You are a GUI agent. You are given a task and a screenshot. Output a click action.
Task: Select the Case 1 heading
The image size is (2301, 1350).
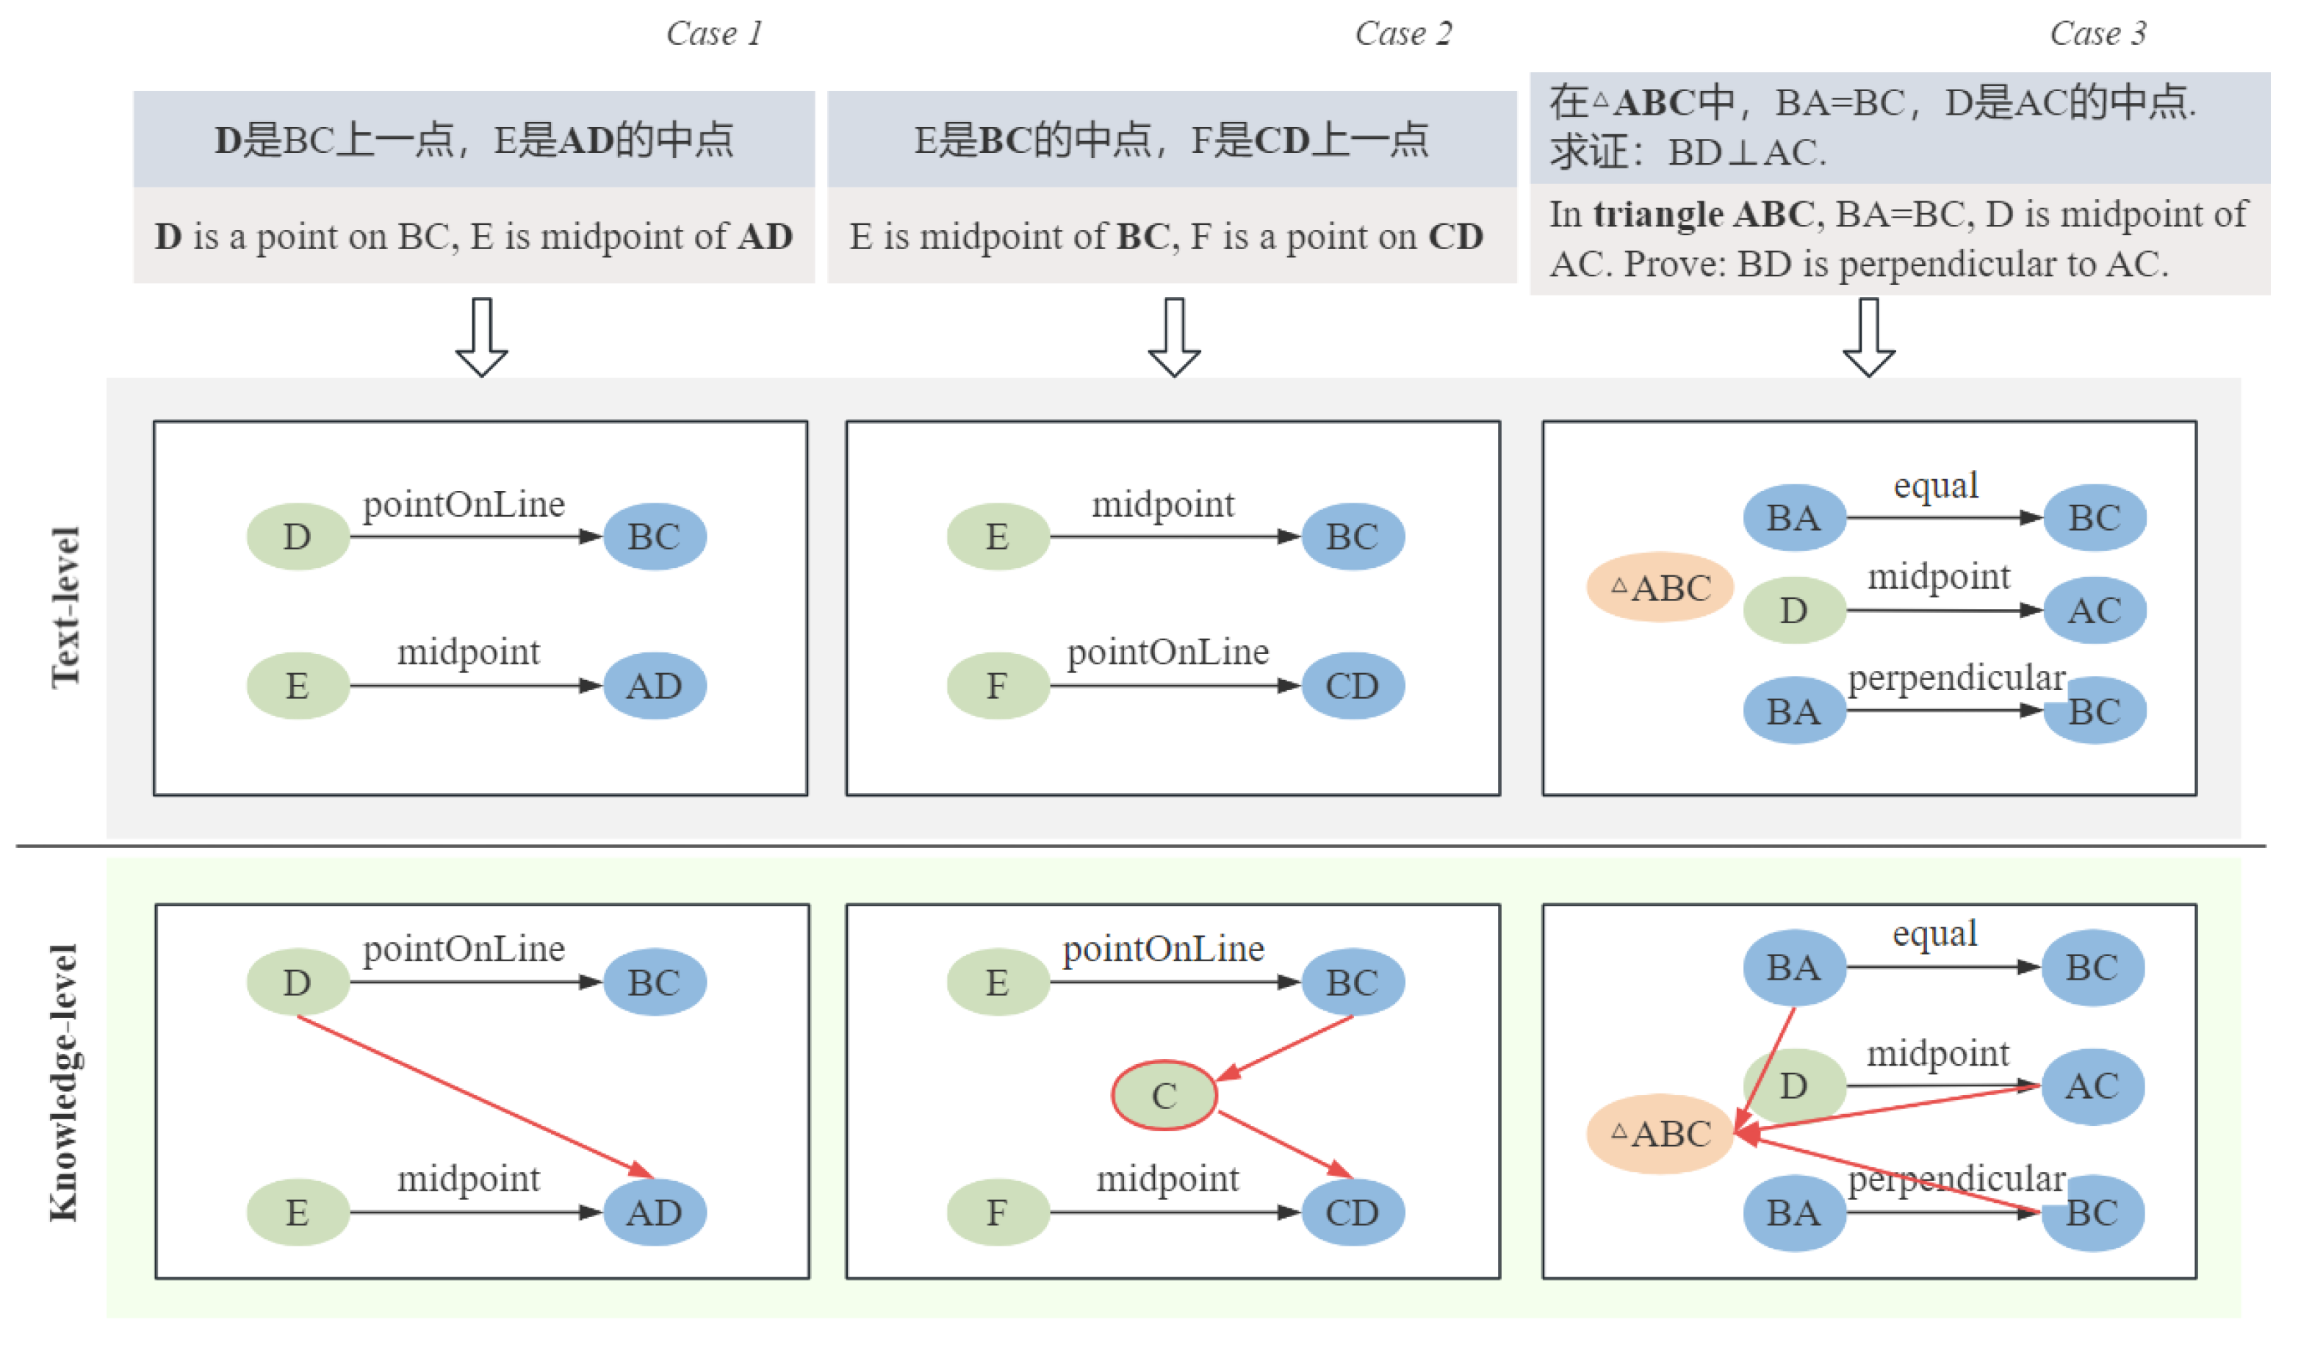[714, 34]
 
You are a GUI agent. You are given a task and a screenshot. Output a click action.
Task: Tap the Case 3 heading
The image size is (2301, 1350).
[2097, 34]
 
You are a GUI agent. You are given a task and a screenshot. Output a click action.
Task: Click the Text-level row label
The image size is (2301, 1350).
[65, 608]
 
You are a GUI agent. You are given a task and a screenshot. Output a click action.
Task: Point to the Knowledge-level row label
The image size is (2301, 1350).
[64, 1082]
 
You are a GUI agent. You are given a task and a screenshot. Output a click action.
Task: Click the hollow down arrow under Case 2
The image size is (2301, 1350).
[1174, 337]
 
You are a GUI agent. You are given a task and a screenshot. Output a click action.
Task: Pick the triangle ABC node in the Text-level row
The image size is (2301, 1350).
[1660, 587]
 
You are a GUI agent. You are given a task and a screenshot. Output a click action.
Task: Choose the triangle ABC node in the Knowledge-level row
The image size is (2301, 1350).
[1660, 1133]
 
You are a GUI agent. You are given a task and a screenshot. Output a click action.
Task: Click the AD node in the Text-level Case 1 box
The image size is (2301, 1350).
[655, 686]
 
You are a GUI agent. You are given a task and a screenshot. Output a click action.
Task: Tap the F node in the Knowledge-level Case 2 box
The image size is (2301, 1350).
[998, 1213]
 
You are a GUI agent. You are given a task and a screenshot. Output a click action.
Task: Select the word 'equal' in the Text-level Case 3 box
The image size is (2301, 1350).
[1936, 485]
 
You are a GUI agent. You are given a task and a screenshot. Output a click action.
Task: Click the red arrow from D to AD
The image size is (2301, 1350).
[475, 1096]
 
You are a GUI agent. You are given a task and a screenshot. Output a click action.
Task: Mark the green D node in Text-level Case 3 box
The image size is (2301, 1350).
[1794, 610]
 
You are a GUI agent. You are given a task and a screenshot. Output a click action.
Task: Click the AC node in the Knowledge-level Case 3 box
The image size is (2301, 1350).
[2092, 1086]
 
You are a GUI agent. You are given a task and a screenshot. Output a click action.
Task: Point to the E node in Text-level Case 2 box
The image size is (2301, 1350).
[998, 537]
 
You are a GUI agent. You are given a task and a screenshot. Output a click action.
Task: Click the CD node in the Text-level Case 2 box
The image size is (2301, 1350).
[1353, 686]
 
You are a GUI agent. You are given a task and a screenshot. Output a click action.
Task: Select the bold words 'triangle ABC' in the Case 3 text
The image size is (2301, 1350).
[1704, 215]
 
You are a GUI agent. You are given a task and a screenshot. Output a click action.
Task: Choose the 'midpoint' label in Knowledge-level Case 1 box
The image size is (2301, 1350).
[469, 1180]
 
